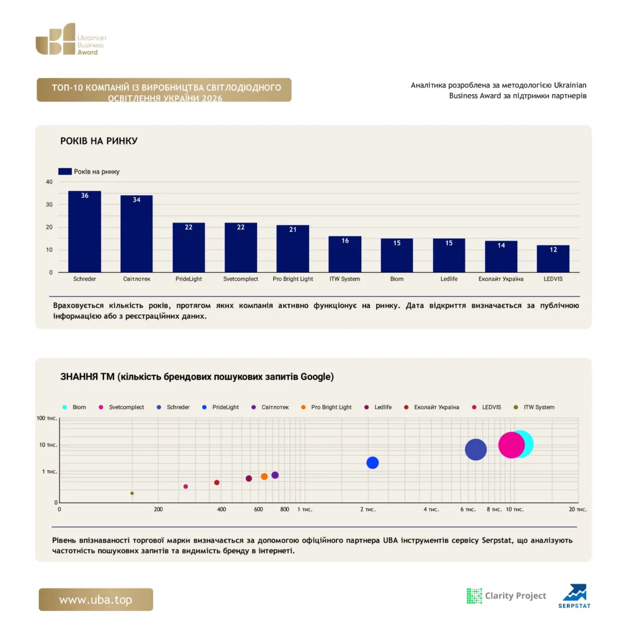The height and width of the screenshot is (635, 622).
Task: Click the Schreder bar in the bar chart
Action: tap(85, 231)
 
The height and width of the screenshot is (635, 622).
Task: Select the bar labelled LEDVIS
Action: tap(553, 259)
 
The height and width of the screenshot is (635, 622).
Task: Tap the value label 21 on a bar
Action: tap(292, 229)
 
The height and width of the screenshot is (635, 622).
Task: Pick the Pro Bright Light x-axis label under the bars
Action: tap(292, 278)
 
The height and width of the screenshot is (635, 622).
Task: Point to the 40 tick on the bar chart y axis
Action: tap(49, 182)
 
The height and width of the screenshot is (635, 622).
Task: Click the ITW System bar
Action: tap(345, 254)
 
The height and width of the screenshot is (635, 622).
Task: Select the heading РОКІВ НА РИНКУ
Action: tap(99, 141)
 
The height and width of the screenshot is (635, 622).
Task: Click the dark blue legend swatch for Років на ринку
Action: tap(65, 171)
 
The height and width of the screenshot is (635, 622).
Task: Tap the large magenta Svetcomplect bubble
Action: tap(511, 445)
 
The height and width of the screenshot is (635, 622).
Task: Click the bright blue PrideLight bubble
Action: tap(372, 463)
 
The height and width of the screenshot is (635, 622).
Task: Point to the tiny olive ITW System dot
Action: tap(132, 493)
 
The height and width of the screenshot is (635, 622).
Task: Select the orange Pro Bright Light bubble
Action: tap(264, 477)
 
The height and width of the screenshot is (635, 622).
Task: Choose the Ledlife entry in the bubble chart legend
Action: tap(378, 407)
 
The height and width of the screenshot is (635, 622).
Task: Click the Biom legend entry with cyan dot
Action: tap(74, 407)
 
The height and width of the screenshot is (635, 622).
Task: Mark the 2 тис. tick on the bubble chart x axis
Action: tap(368, 509)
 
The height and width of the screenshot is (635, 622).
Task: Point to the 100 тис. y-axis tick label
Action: tap(46, 418)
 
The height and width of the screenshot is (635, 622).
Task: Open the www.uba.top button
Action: tap(96, 600)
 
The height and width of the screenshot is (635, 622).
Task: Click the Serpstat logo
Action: tap(574, 596)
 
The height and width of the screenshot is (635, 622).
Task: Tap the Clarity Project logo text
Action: tap(515, 595)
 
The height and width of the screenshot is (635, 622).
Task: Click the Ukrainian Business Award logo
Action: tap(71, 39)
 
